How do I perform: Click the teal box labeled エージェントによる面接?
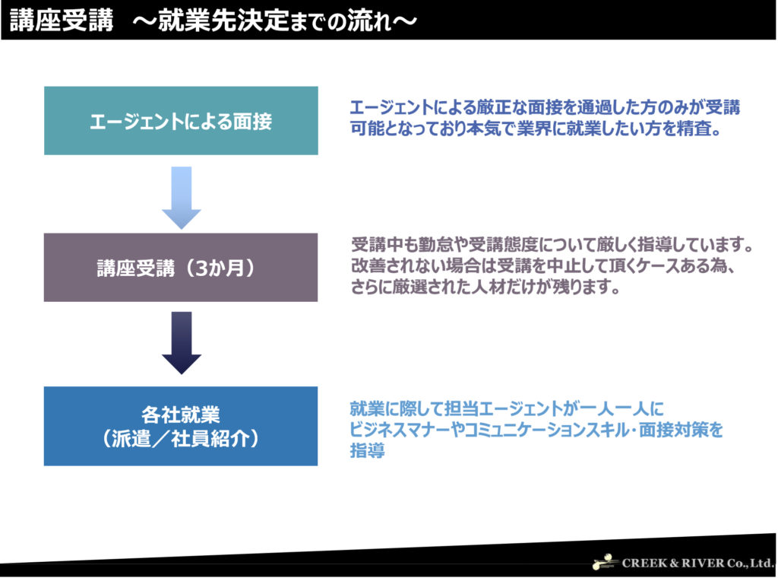click(x=181, y=121)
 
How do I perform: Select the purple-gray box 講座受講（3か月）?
click(x=181, y=267)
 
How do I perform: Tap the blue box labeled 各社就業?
click(x=181, y=426)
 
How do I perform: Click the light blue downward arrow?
click(x=182, y=198)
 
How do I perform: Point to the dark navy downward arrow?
click(x=182, y=343)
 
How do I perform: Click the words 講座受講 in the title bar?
click(x=62, y=21)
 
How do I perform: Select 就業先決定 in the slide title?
click(x=223, y=21)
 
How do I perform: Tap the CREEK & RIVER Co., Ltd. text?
click(x=698, y=563)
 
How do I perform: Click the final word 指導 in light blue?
click(x=367, y=450)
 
